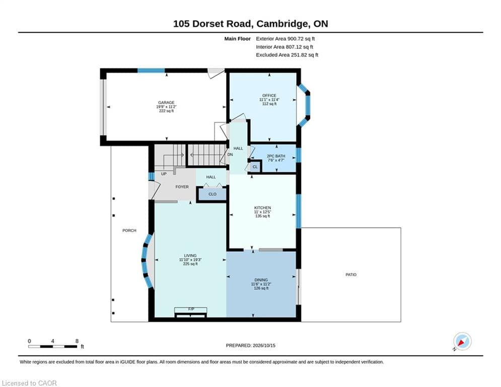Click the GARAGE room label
pyautogui.click(x=166, y=103)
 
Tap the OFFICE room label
pyautogui.click(x=269, y=96)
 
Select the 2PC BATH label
pyautogui.click(x=276, y=156)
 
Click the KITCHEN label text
pyautogui.click(x=262, y=208)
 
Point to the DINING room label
pyautogui.click(x=261, y=280)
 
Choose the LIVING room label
pyautogui.click(x=190, y=255)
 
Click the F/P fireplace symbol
pyautogui.click(x=191, y=312)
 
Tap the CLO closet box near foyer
pyautogui.click(x=212, y=194)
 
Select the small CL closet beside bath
pyautogui.click(x=255, y=167)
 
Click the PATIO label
pyautogui.click(x=351, y=275)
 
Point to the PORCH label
pyautogui.click(x=129, y=231)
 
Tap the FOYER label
pyautogui.click(x=182, y=187)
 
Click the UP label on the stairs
pyautogui.click(x=164, y=174)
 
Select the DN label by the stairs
pyautogui.click(x=230, y=155)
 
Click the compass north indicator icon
pyautogui.click(x=462, y=341)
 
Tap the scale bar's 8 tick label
pyautogui.click(x=77, y=341)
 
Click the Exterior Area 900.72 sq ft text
pyautogui.click(x=285, y=39)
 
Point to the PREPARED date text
pyautogui.click(x=251, y=345)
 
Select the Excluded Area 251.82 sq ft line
pyautogui.click(x=287, y=55)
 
